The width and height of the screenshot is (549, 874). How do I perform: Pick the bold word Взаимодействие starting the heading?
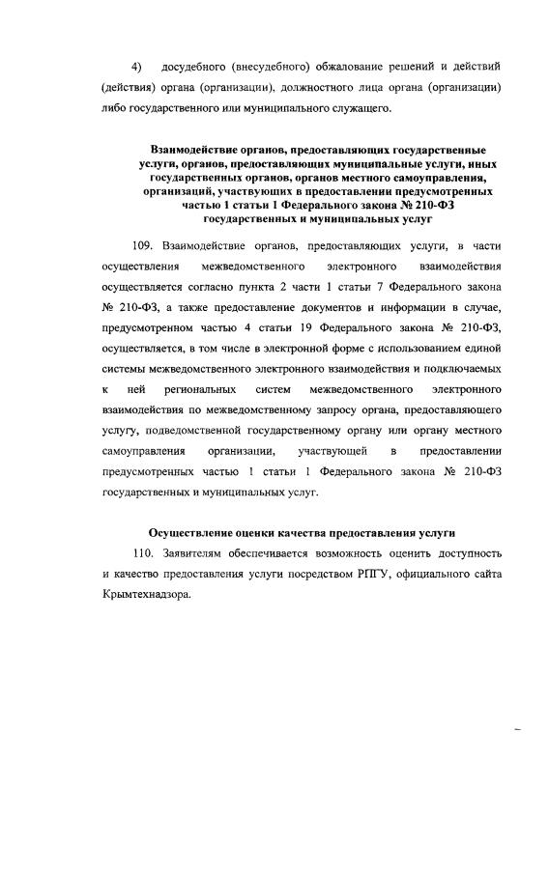coord(192,152)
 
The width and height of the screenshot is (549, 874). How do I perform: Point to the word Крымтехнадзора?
coord(146,594)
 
